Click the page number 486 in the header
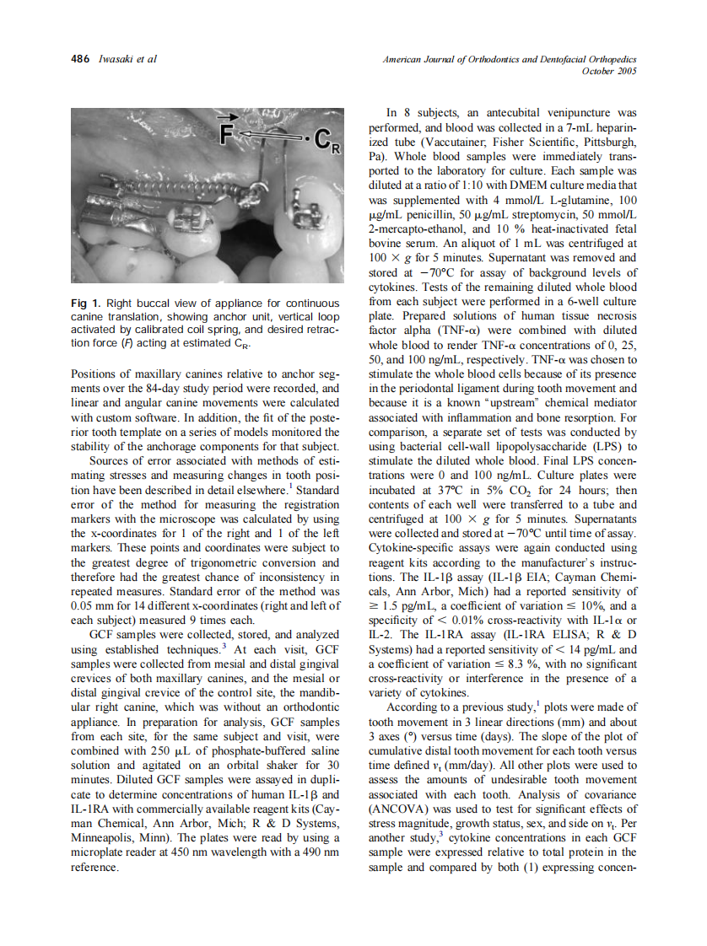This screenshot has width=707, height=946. point(79,59)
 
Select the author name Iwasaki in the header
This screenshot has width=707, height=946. point(116,59)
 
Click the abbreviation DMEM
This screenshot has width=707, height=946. point(507,185)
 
